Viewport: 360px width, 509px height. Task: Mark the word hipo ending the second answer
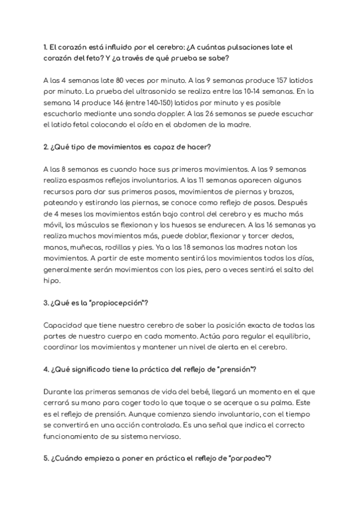point(52,281)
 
